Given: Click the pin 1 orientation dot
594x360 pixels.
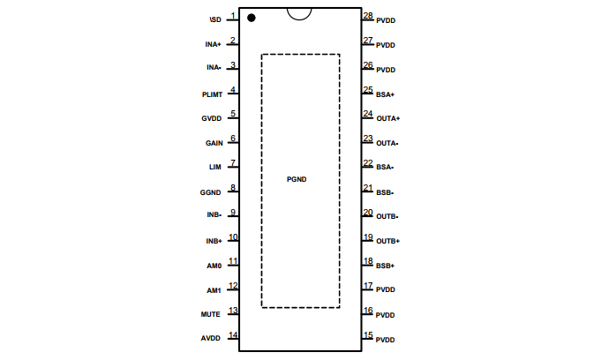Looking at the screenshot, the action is (x=252, y=18).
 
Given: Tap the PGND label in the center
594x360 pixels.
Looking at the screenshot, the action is (x=297, y=179).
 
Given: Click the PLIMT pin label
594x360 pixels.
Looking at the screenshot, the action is (x=212, y=94).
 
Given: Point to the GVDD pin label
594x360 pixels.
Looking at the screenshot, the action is (x=211, y=118).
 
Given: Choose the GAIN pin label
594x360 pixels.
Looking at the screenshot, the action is (x=214, y=143).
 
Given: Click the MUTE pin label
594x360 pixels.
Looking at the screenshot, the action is (x=211, y=315).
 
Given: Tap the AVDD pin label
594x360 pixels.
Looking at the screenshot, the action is (x=211, y=339).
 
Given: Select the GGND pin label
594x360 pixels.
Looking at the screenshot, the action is (x=210, y=192).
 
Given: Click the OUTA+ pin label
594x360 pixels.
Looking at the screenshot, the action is (x=388, y=118).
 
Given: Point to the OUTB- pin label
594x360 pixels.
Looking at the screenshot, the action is (x=387, y=216).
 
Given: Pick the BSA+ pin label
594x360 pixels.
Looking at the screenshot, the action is (x=386, y=94).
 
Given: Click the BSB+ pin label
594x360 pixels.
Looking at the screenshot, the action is (x=386, y=266).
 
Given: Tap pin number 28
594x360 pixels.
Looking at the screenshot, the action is (x=368, y=16).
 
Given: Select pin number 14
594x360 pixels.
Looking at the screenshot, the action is (x=233, y=335).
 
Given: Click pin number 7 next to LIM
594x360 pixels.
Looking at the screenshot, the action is (x=233, y=162).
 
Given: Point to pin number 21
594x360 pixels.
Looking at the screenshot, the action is (x=368, y=188).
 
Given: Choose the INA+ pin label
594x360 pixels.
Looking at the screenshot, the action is (x=214, y=45).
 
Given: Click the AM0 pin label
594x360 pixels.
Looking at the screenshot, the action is (x=214, y=266).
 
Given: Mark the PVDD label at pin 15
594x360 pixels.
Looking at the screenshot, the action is (x=385, y=340).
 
